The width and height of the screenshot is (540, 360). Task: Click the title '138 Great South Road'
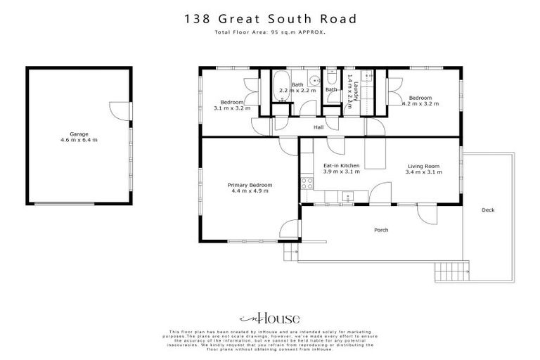(x=270, y=19)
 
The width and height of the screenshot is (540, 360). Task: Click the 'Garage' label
(x=77, y=134)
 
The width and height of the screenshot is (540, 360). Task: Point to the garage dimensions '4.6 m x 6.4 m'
(x=77, y=141)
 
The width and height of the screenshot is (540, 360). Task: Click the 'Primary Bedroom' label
(x=250, y=186)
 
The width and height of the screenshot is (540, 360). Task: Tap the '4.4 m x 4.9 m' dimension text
(x=250, y=192)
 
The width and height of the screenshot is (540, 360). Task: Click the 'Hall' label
(x=318, y=127)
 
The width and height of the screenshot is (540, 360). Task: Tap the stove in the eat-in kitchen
(x=307, y=184)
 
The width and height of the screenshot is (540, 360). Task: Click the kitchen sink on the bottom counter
(x=345, y=197)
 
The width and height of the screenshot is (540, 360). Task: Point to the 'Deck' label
(x=487, y=210)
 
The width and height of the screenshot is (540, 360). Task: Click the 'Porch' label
(x=381, y=230)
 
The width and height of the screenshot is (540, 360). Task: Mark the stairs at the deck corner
(x=451, y=271)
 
